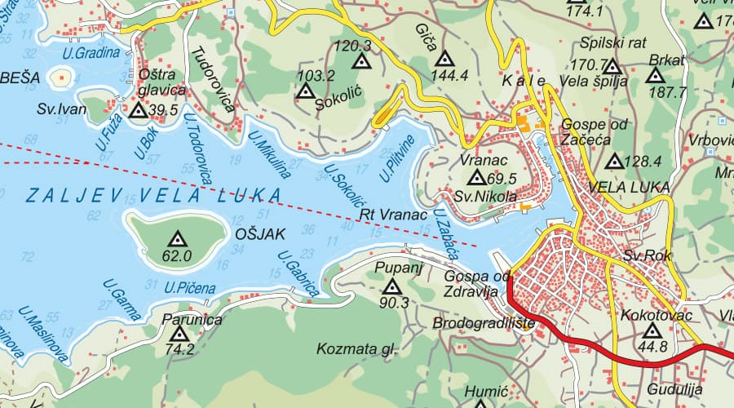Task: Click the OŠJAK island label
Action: (259, 234)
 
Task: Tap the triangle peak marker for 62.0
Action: (176, 239)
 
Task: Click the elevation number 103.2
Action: (316, 76)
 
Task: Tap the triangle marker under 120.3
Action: (360, 61)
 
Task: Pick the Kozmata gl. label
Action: (357, 349)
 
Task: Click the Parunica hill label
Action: (192, 319)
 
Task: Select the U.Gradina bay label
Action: (91, 53)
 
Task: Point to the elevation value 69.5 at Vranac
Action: (501, 179)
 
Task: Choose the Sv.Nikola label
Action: (485, 197)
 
